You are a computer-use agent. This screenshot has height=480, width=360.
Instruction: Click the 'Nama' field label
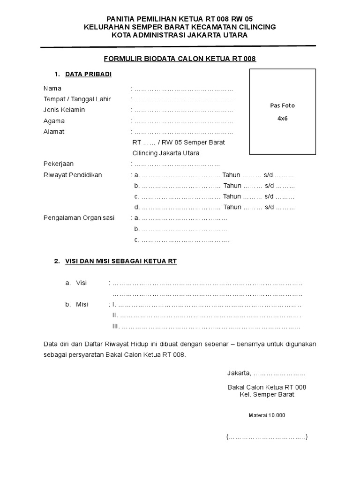point(52,88)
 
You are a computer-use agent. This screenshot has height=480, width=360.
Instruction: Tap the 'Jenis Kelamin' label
point(64,110)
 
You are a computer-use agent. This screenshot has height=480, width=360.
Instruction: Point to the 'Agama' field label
point(54,121)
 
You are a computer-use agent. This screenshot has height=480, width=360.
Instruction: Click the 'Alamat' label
point(54,132)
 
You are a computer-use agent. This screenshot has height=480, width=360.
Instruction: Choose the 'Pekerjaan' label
point(59,164)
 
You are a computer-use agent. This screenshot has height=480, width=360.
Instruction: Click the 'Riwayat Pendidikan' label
point(73,175)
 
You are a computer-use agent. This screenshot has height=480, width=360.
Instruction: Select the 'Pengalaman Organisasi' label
point(79,218)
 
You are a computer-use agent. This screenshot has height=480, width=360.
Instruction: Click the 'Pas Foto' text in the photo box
point(282,105)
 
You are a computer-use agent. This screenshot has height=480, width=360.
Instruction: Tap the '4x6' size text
point(282,119)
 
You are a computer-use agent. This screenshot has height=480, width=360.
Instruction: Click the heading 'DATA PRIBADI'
point(88,74)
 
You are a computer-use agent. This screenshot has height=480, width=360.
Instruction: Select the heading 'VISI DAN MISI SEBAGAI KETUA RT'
point(120,261)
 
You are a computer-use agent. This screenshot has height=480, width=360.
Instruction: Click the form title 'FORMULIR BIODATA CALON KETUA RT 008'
point(180,59)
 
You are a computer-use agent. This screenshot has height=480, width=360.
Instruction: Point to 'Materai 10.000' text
point(267,415)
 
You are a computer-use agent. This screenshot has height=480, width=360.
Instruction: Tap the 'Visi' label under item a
point(82,283)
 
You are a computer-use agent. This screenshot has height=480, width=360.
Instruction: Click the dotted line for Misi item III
point(211,326)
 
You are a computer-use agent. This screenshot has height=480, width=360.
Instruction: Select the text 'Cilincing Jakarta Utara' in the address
point(166,153)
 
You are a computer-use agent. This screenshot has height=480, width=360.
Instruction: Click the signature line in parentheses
point(267,437)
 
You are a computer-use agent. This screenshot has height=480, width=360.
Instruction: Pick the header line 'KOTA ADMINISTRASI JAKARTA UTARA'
point(180,35)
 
